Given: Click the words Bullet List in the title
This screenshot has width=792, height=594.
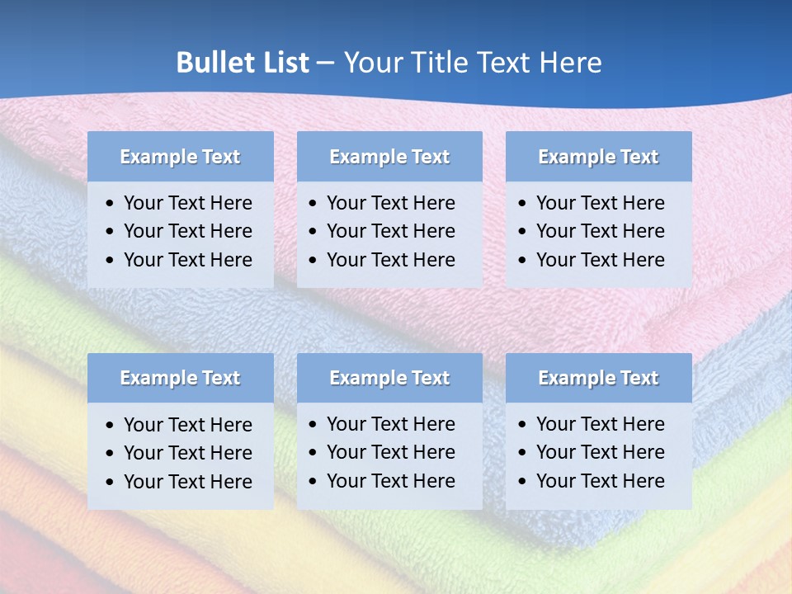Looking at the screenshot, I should tap(243, 63).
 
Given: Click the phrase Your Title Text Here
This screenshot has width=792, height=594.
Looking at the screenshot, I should tap(472, 63).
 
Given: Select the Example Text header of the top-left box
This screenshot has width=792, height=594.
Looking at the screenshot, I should tap(180, 157).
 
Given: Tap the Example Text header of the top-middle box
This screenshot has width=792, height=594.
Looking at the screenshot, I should tap(389, 157).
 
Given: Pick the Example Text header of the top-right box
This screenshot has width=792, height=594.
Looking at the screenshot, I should tap(598, 157).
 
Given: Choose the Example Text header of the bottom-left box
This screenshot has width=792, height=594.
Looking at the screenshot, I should tap(180, 378).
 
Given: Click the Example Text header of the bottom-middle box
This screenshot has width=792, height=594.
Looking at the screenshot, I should tap(389, 378).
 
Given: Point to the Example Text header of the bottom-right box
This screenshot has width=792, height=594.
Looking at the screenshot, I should tap(598, 378).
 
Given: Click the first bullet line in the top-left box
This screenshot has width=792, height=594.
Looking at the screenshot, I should tap(187, 203).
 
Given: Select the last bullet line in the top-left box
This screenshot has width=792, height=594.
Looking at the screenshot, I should tap(187, 260).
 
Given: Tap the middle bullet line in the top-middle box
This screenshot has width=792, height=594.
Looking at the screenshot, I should tap(390, 231).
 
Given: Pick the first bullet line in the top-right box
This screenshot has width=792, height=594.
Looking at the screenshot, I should tap(600, 203).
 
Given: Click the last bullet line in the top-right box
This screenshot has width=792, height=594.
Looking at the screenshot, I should tap(600, 260).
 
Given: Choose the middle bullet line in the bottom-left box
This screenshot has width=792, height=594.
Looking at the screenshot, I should tap(187, 453).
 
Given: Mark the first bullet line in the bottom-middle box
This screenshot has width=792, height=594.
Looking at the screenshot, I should tap(390, 424).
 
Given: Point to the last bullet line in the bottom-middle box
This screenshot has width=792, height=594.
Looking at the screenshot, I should tap(390, 481).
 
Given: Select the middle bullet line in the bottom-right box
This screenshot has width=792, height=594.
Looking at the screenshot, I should tap(600, 452).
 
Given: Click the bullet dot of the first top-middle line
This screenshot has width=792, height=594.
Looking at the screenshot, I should tap(313, 204).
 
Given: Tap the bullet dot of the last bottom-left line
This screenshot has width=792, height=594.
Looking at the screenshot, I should tap(111, 483).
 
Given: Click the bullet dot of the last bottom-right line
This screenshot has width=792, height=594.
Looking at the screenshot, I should tap(522, 482).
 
